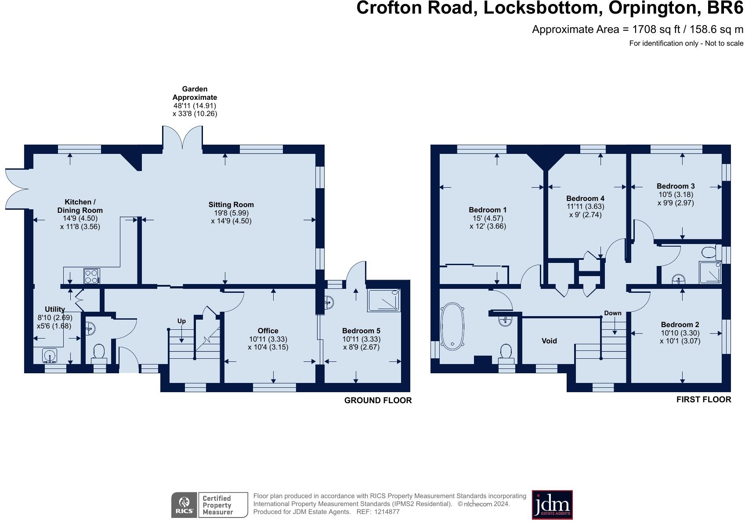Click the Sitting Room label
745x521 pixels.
tap(231, 204)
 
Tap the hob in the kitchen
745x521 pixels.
tap(91, 276)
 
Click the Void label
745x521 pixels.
tap(549, 341)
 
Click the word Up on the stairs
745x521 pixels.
tap(181, 321)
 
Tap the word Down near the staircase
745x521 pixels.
tap(612, 313)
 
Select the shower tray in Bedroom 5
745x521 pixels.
tap(384, 300)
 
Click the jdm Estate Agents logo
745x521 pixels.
tap(552, 505)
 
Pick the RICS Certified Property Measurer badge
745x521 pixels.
tap(209, 505)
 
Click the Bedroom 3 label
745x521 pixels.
tap(676, 186)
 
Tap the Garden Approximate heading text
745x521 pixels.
tap(195, 93)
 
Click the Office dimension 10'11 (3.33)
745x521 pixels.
tap(268, 339)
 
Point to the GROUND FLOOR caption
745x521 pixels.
tap(378, 400)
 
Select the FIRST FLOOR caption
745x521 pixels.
tap(703, 399)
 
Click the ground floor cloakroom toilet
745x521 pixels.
tap(99, 352)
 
